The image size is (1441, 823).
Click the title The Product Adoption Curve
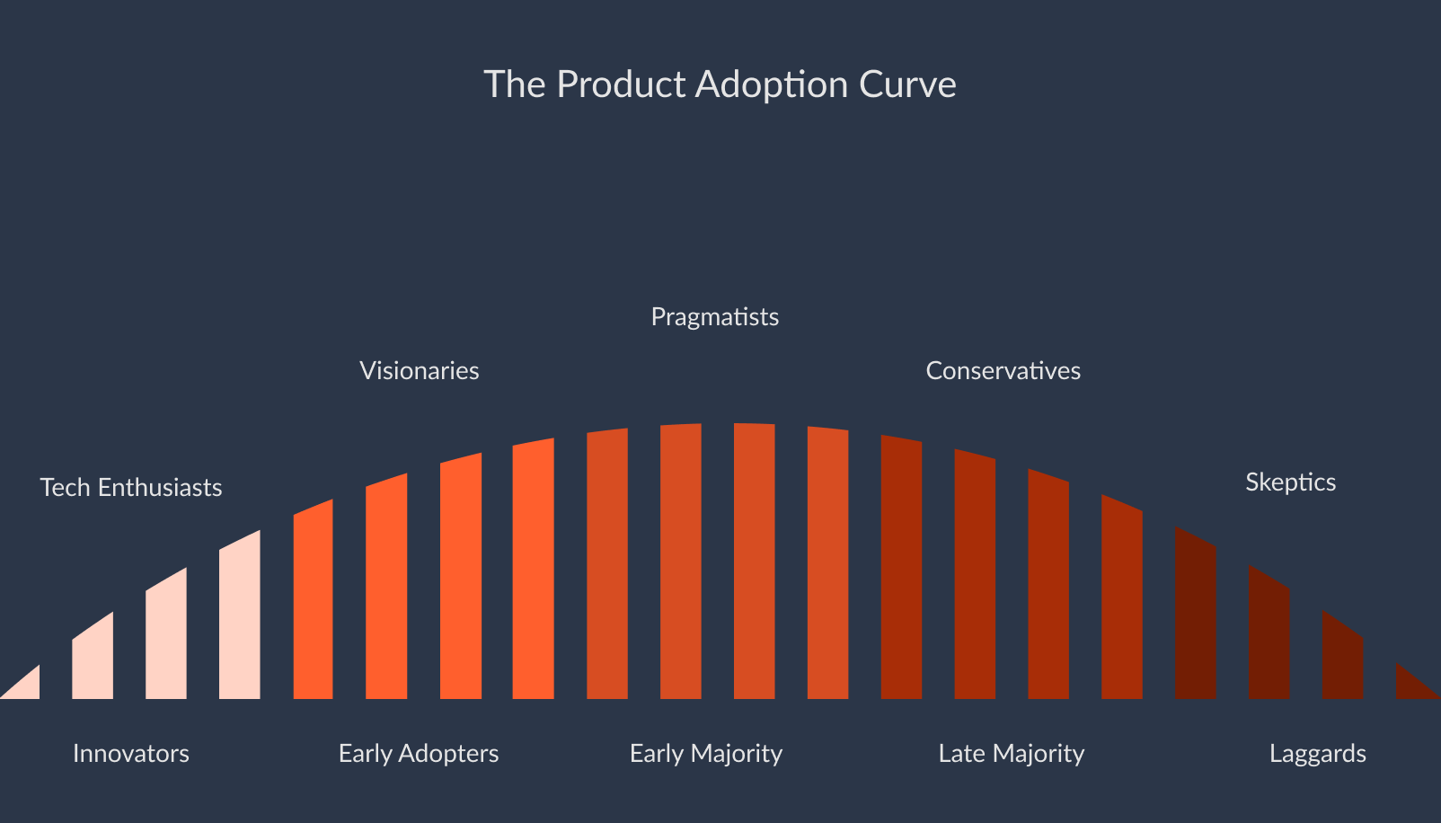pyautogui.click(x=720, y=84)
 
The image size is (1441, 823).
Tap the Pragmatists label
pyautogui.click(x=714, y=317)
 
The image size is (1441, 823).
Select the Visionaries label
pyautogui.click(x=419, y=371)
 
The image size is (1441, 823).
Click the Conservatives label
pyautogui.click(x=1003, y=371)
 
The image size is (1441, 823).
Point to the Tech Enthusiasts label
pyautogui.click(x=131, y=488)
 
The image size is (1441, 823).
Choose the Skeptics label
pyautogui.click(x=1290, y=482)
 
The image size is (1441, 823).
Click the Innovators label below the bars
pyautogui.click(x=131, y=753)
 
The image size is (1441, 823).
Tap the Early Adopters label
pyautogui.click(x=419, y=753)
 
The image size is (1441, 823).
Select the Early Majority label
pyautogui.click(x=706, y=753)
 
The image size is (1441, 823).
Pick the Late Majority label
pyautogui.click(x=1012, y=753)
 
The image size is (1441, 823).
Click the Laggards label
pyautogui.click(x=1317, y=753)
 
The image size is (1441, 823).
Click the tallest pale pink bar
pyautogui.click(x=240, y=620)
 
